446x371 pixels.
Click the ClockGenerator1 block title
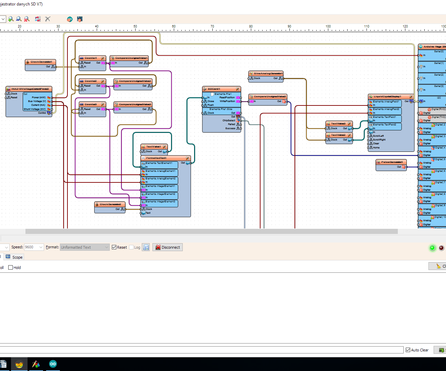pos(41,62)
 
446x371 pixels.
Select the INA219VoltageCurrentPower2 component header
pos(30,89)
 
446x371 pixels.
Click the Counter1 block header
pos(91,58)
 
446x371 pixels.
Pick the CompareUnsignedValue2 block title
pos(135,81)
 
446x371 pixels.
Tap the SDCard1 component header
pos(214,89)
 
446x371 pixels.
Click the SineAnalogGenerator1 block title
pos(268,74)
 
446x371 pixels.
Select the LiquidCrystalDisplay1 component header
pos(387,97)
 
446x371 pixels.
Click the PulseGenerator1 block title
pos(392,162)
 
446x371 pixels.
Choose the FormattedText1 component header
pos(156,158)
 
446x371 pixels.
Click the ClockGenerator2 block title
pos(110,204)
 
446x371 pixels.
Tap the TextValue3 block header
pos(338,124)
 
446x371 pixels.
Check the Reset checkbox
pos(114,247)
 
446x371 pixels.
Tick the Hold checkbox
pos(11,268)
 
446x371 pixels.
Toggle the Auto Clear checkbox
pos(408,350)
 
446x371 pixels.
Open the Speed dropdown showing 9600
pos(34,247)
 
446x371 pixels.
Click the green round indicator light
pos(433,248)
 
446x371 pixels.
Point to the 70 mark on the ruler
pos(212,26)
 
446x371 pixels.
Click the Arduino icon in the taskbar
pos(53,364)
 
